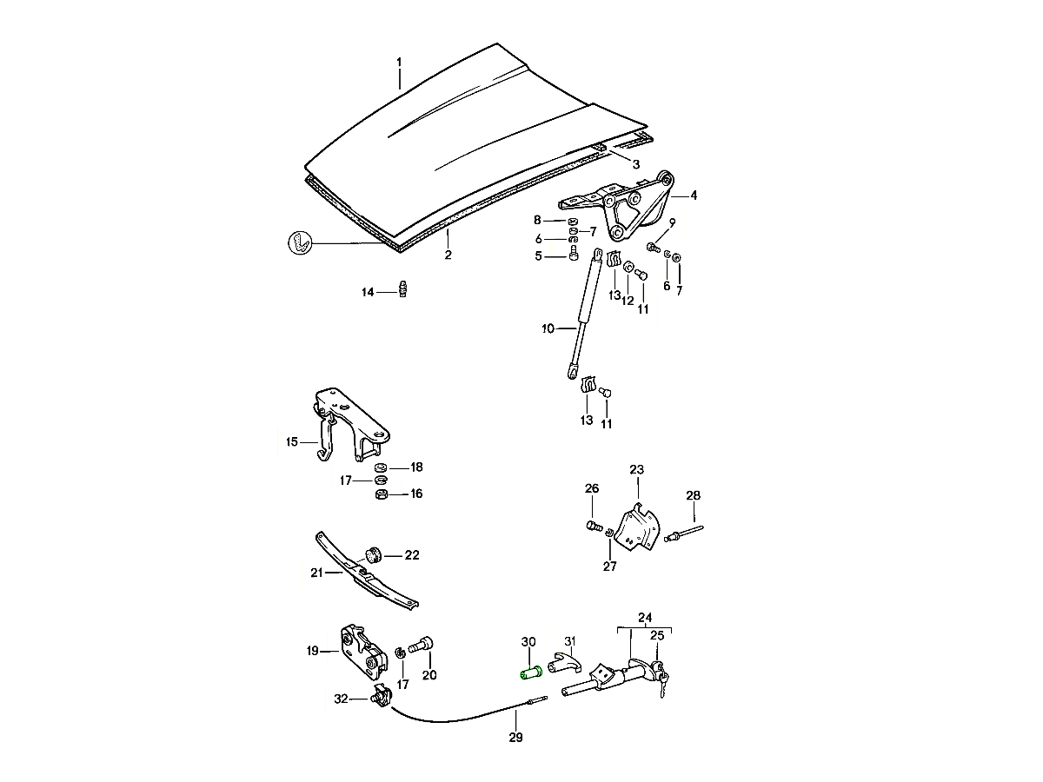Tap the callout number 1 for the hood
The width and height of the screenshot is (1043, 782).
pyautogui.click(x=399, y=62)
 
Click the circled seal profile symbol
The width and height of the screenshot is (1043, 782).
pyautogui.click(x=299, y=242)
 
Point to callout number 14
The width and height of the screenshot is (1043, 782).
pyautogui.click(x=367, y=293)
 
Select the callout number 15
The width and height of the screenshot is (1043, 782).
pyautogui.click(x=292, y=442)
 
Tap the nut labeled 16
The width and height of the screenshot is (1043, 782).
pyautogui.click(x=380, y=494)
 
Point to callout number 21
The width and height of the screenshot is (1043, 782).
pyautogui.click(x=316, y=573)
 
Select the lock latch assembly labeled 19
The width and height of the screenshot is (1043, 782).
pyautogui.click(x=364, y=650)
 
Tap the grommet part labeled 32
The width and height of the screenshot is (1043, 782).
pyautogui.click(x=378, y=696)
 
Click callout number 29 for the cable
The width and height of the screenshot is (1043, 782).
pyautogui.click(x=515, y=739)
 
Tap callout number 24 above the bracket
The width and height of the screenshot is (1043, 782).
pyautogui.click(x=644, y=619)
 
